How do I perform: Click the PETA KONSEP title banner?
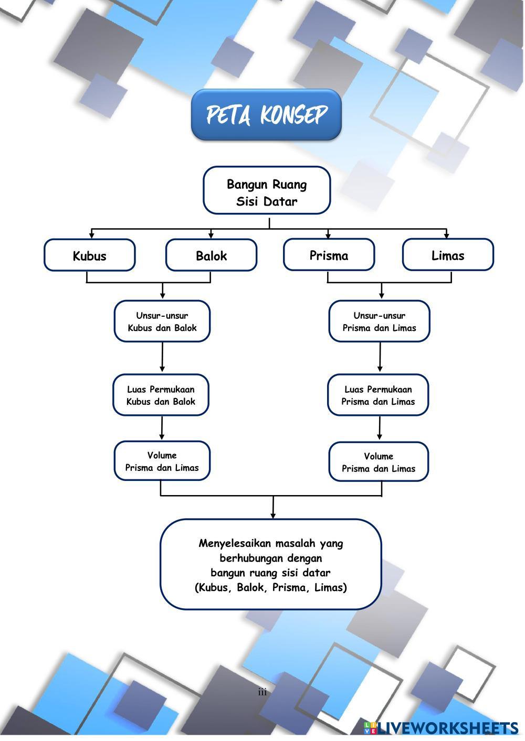(266, 115)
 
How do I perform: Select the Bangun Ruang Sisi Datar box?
(267, 191)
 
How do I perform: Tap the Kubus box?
(89, 255)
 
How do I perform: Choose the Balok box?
(211, 255)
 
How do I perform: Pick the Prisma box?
(329, 255)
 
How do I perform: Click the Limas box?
(448, 255)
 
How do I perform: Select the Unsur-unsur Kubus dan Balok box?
(162, 321)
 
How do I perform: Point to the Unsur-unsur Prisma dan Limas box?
(379, 321)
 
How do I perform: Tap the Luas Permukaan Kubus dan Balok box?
(161, 395)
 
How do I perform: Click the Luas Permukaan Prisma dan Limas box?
(378, 395)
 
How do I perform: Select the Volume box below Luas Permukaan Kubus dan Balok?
(162, 461)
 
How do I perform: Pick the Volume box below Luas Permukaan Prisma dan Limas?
(379, 462)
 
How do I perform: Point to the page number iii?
(262, 692)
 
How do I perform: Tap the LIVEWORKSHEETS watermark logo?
(442, 728)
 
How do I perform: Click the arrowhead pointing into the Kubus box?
(92, 235)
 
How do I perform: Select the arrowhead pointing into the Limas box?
(447, 235)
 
